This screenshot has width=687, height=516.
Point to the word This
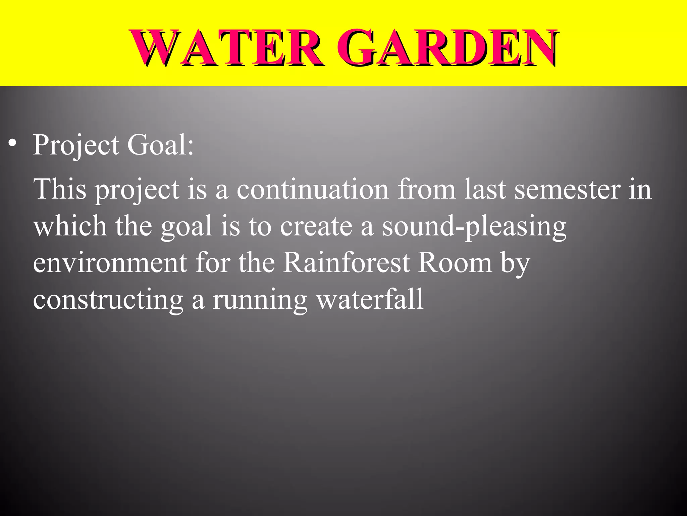[x=60, y=189]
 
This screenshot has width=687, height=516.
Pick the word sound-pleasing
[x=474, y=227]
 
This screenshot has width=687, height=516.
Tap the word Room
[x=455, y=262]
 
